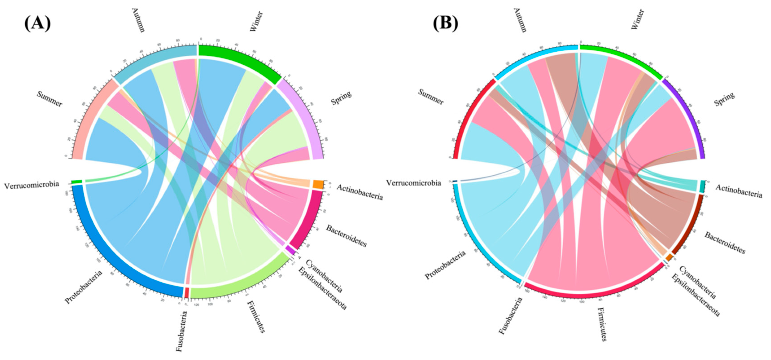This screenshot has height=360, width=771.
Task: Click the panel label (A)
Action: pos(37,24)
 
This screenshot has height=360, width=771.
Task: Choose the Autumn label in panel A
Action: pos(138,20)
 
